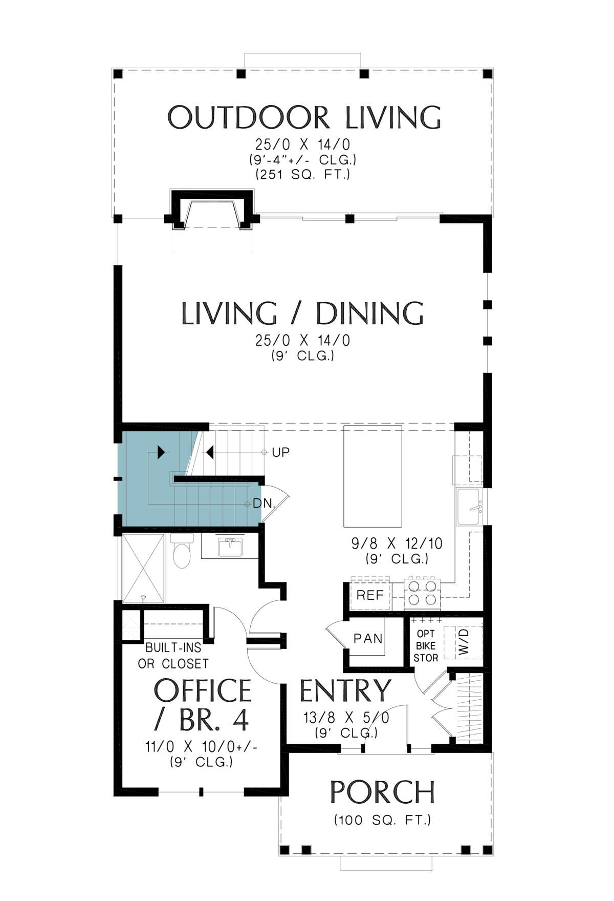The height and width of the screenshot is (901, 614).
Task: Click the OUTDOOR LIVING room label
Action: [x=304, y=117]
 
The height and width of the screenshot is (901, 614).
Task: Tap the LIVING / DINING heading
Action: [x=303, y=313]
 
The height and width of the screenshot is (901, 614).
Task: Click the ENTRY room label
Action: [x=345, y=690]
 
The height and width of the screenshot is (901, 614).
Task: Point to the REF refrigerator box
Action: [x=370, y=595]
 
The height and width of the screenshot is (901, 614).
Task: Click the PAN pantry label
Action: [x=368, y=639]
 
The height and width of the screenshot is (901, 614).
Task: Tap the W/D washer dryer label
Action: [x=464, y=641]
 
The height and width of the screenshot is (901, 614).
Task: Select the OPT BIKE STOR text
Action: [x=426, y=645]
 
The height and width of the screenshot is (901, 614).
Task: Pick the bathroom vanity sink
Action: [x=230, y=547]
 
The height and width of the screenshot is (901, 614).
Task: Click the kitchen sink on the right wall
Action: [x=469, y=507]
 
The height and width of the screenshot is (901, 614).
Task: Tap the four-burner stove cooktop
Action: [x=423, y=593]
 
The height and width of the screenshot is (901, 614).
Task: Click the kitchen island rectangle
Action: [x=372, y=476]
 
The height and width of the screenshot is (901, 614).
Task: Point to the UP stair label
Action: [x=280, y=452]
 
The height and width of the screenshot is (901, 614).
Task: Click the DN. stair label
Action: [x=264, y=504]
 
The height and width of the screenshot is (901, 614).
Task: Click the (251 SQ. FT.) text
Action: [x=303, y=175]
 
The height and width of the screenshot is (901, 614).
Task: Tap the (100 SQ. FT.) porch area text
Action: [x=383, y=820]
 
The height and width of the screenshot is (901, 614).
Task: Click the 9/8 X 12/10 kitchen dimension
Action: [x=397, y=543]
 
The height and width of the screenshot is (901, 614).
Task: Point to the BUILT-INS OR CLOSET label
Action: [x=173, y=656]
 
